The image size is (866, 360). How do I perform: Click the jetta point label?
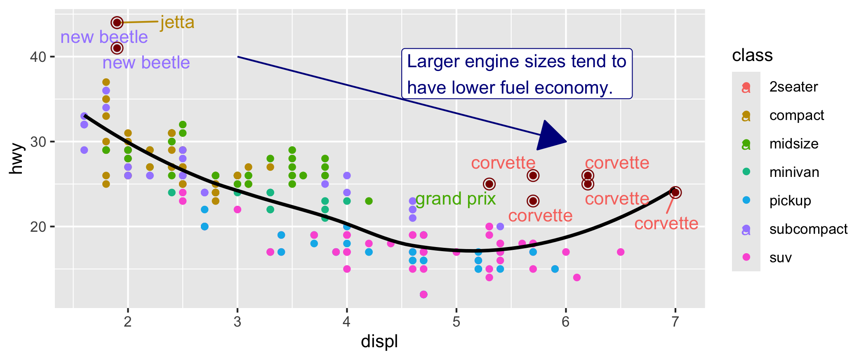[x=177, y=22]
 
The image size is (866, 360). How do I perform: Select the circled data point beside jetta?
[x=117, y=23]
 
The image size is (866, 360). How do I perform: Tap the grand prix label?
[x=455, y=199]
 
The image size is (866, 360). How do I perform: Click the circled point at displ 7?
[x=675, y=193]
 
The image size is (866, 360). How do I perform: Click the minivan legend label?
[x=794, y=172]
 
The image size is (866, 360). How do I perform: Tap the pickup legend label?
[x=790, y=201]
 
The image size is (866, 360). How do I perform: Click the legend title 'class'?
[x=752, y=55]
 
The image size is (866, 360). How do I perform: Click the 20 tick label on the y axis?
[x=38, y=227]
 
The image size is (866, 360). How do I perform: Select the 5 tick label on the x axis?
[x=456, y=322]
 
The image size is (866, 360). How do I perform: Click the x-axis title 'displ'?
[x=379, y=342]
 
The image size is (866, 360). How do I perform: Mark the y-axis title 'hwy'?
[x=16, y=159]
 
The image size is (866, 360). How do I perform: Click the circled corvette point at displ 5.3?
[x=489, y=184]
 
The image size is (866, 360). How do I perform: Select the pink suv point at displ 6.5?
[x=621, y=252]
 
